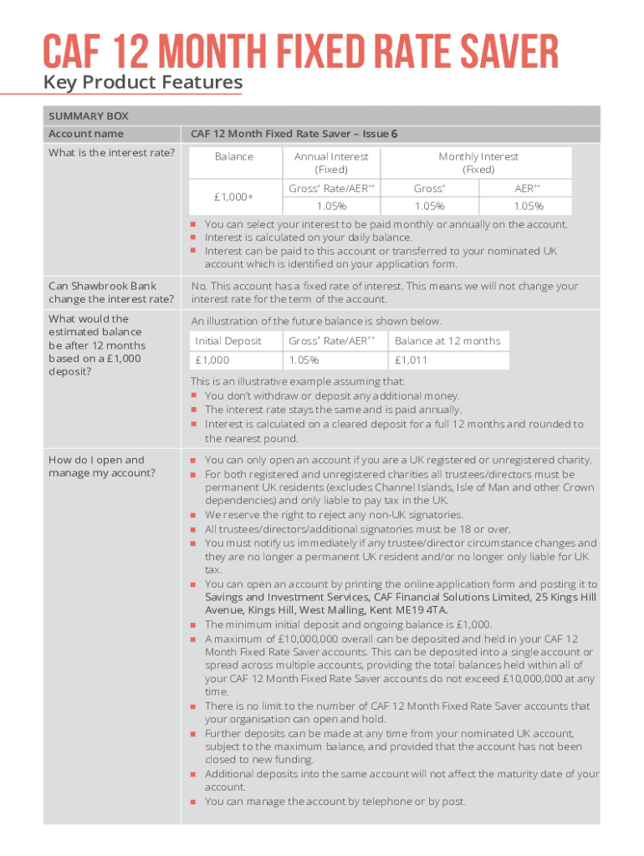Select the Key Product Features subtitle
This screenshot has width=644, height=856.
click(143, 83)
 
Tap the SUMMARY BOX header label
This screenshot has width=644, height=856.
click(88, 116)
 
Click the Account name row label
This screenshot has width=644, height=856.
click(85, 134)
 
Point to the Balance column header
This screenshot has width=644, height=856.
click(233, 156)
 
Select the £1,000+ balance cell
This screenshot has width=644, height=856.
click(233, 197)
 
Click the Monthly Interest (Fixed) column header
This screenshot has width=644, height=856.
click(478, 163)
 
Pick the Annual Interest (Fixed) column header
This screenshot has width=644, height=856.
click(331, 163)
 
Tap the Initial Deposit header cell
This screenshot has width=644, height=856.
click(228, 341)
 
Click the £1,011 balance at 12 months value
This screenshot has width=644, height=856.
click(411, 360)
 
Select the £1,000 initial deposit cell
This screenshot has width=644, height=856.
click(212, 360)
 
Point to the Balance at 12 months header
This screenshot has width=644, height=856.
click(447, 341)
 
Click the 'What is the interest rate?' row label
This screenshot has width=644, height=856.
click(111, 152)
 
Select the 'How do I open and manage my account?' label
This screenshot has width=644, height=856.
click(101, 466)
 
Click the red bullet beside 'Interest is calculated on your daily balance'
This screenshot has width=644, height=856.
click(193, 238)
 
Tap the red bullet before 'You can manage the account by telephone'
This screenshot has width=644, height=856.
click(193, 802)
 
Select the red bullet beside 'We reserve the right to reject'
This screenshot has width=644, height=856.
click(193, 516)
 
